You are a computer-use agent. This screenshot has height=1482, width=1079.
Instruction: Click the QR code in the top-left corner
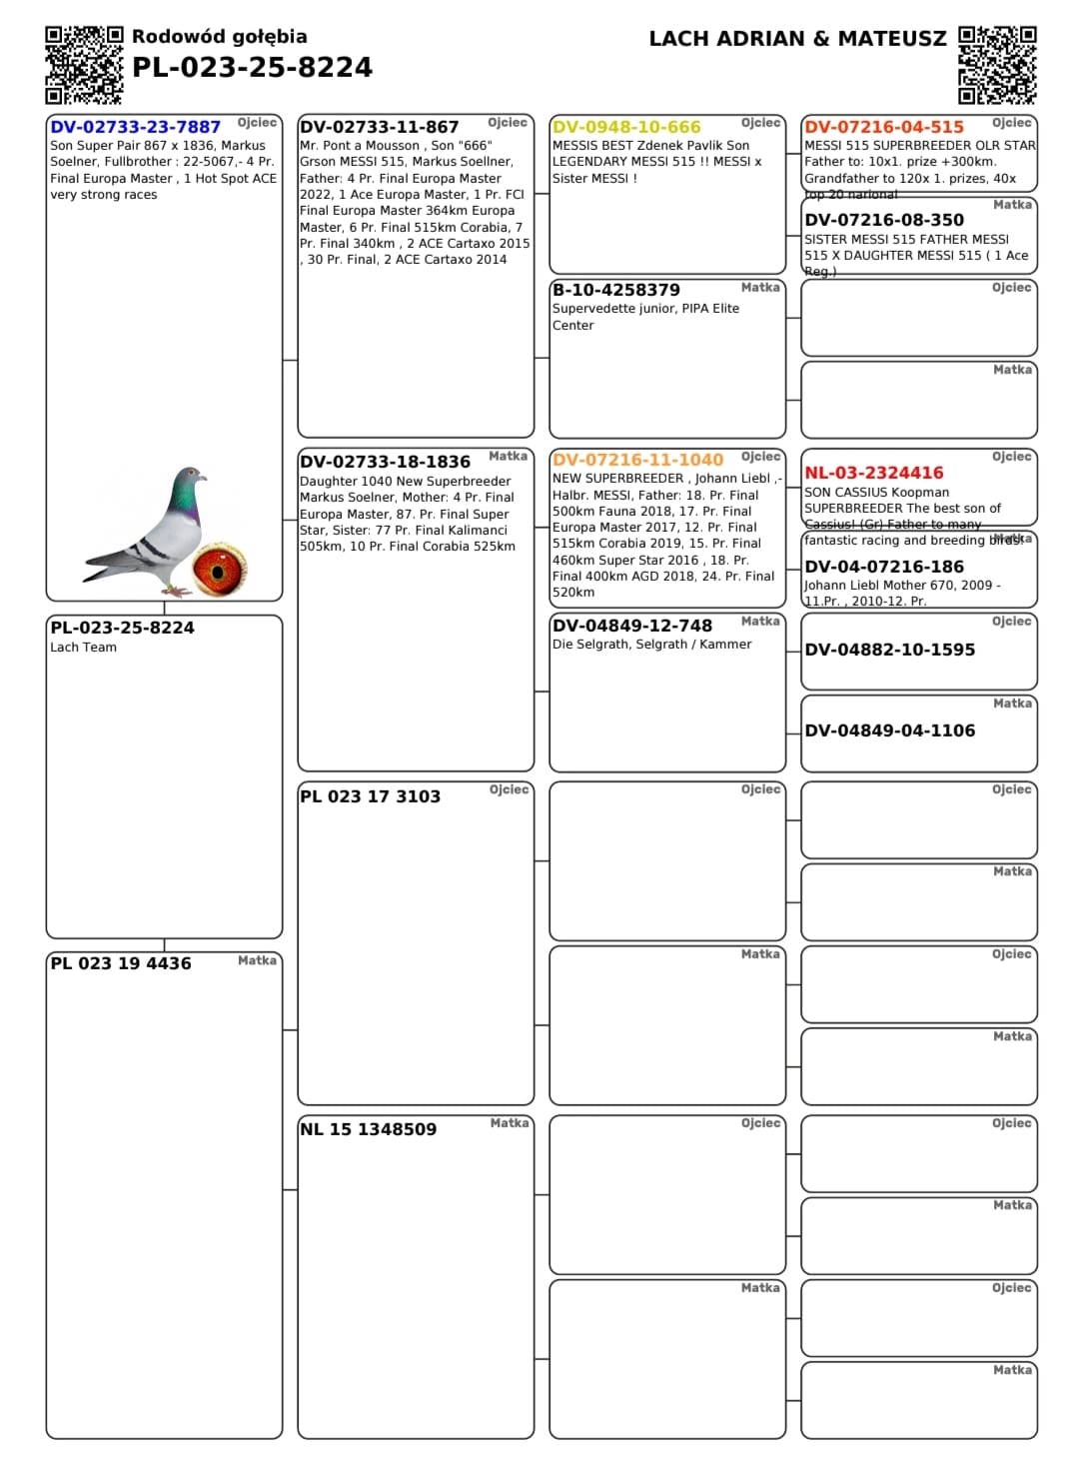[84, 65]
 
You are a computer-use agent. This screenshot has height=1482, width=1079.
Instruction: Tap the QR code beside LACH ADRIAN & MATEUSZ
[996, 65]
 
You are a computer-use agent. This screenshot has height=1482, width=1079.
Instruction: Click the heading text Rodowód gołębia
[219, 37]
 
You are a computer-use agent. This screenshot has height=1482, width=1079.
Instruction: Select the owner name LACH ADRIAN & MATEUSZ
[797, 39]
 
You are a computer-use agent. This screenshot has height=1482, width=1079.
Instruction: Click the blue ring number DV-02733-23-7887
[135, 127]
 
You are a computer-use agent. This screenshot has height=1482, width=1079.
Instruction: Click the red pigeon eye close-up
[220, 569]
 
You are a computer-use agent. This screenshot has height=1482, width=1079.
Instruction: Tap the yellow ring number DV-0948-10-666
[626, 127]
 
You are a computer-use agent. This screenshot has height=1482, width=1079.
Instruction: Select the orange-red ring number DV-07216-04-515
[884, 127]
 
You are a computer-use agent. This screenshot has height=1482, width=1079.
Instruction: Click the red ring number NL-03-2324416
[873, 473]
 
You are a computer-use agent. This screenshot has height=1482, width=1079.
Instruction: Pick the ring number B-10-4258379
[615, 290]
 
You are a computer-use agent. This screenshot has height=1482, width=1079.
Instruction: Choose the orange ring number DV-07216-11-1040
[637, 460]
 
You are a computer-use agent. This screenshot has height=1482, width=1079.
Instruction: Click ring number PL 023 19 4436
[121, 963]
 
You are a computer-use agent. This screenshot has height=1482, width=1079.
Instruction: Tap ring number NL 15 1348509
[368, 1129]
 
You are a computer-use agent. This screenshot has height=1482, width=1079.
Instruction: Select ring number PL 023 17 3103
[370, 796]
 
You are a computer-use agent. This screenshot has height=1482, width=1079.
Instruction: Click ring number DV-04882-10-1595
[889, 650]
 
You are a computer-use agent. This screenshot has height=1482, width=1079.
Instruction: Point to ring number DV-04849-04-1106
[889, 731]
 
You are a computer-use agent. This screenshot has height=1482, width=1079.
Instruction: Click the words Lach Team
[83, 648]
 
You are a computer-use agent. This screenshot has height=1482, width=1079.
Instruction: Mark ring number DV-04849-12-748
[632, 626]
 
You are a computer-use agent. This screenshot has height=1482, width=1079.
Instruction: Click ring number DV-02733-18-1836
[385, 462]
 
